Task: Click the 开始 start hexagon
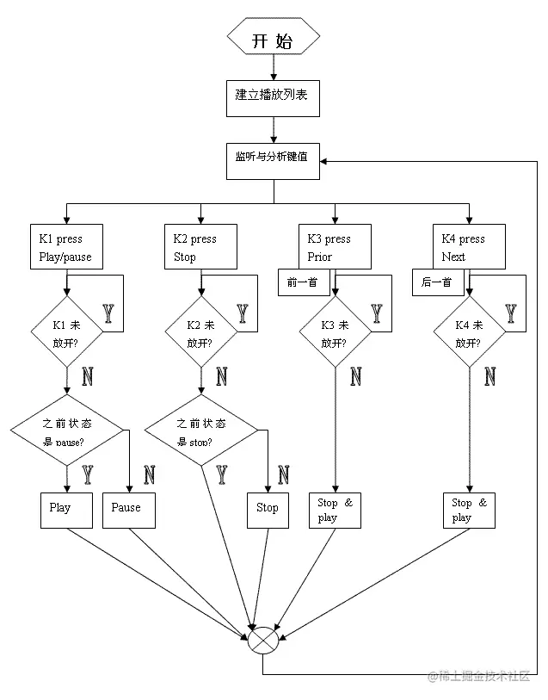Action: (x=274, y=40)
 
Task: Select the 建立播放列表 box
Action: (x=274, y=96)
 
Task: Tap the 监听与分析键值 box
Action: (x=274, y=158)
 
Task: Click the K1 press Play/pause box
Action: (x=66, y=247)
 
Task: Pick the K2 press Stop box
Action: (x=200, y=247)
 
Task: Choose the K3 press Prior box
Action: (x=336, y=247)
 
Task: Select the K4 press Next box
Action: (x=470, y=247)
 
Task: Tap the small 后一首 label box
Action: (x=438, y=282)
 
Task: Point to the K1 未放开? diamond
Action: (x=66, y=332)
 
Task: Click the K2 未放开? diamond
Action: (x=200, y=332)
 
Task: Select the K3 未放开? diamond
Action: (x=336, y=332)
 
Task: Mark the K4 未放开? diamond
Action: (x=470, y=332)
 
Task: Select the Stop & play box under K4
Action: (x=470, y=509)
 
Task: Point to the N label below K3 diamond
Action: (x=356, y=376)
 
